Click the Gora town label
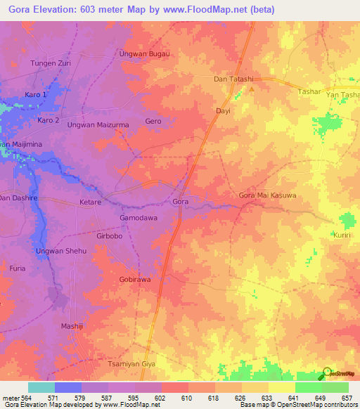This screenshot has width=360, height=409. (x=180, y=202)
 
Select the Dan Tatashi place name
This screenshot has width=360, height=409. (x=233, y=79)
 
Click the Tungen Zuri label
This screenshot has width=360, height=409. (x=51, y=63)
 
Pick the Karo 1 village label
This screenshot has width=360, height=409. (x=36, y=94)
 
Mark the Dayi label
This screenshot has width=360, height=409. (x=223, y=111)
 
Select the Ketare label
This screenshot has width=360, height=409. (x=90, y=202)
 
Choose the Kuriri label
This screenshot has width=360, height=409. (x=342, y=235)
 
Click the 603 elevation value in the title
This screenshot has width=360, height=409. (x=82, y=10)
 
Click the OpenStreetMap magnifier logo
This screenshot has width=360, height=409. (x=326, y=372)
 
